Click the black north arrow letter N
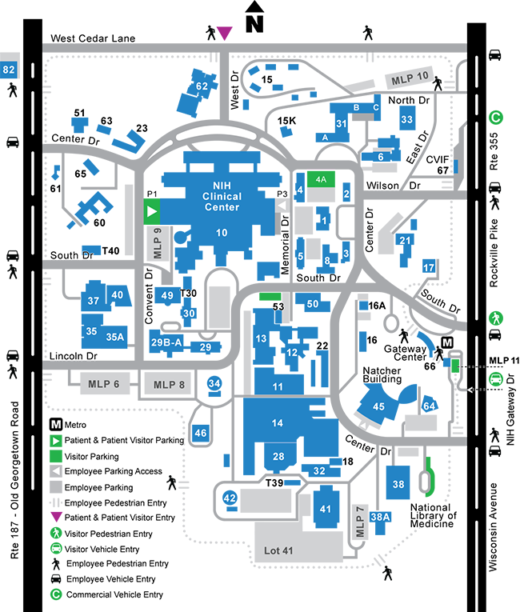pos(254,23)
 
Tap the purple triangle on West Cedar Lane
pos(225,32)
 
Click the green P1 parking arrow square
pos(152,212)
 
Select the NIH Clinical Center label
pos(222,197)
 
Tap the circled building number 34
pos(214,384)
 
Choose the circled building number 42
pos(230,498)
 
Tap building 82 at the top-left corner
pos(10,70)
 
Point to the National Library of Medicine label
pos(433,516)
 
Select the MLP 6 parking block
pos(104,384)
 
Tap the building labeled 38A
pos(380,516)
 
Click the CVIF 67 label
pos(442,164)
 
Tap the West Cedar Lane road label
pos(93,38)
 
